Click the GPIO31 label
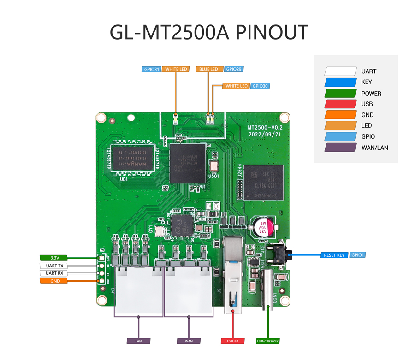click(151, 69)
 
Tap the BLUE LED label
click(208, 69)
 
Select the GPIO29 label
click(233, 69)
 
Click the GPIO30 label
click(261, 86)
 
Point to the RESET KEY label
click(334, 255)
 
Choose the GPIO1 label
click(357, 254)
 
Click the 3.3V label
click(54, 258)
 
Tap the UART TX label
click(54, 266)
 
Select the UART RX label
click(54, 273)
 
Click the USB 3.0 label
click(232, 341)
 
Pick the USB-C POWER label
click(268, 341)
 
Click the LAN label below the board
click(139, 341)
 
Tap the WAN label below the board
click(189, 341)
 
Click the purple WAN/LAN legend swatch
click(340, 148)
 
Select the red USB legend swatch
click(340, 104)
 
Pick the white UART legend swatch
click(340, 71)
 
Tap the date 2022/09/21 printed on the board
click(264, 134)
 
